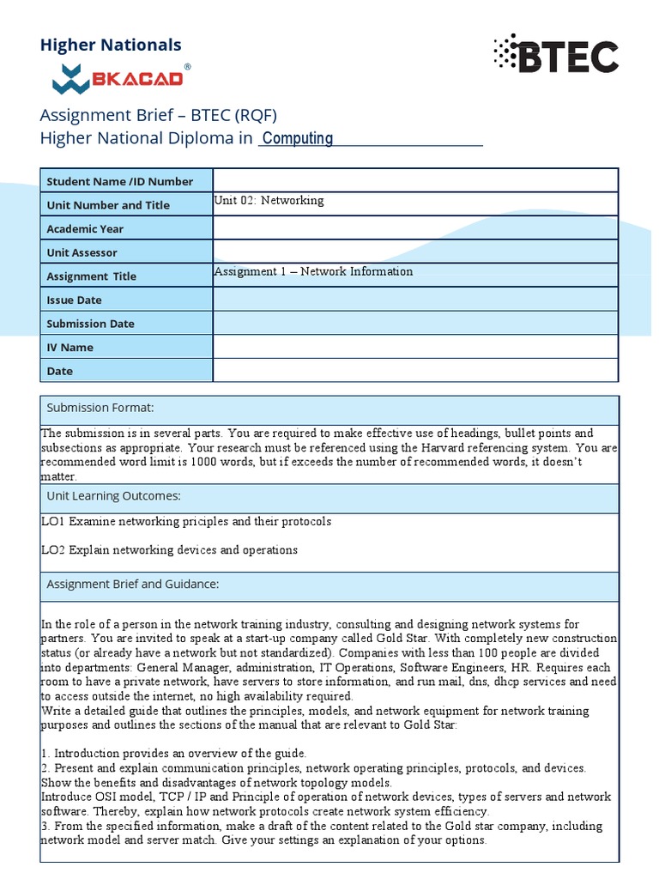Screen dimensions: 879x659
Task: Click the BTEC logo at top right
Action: click(x=555, y=57)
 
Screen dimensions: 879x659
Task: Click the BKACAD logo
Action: click(x=118, y=78)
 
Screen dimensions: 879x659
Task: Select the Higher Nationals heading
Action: click(x=111, y=45)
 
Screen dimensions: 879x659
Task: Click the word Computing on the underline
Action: click(x=297, y=138)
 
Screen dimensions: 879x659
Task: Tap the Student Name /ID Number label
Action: click(x=119, y=181)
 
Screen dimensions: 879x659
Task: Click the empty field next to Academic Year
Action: click(x=414, y=228)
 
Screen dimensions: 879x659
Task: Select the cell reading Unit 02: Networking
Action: click(x=269, y=201)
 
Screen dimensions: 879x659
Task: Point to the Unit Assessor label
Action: click(x=82, y=252)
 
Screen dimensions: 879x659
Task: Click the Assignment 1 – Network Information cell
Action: click(x=313, y=271)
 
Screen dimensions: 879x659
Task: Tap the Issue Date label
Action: click(x=74, y=300)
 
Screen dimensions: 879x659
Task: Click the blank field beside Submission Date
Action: click(x=414, y=324)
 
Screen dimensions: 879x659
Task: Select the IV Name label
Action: click(x=70, y=348)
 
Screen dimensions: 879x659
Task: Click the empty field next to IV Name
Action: click(x=414, y=347)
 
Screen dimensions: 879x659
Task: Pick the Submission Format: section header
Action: click(x=100, y=408)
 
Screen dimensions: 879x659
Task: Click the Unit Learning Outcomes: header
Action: click(x=112, y=496)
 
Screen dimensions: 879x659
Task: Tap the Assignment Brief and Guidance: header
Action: click(x=132, y=585)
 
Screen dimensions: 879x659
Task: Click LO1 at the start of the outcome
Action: click(x=53, y=522)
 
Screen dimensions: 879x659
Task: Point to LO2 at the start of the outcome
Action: click(x=53, y=550)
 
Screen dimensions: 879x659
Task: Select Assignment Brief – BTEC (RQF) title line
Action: click(x=159, y=116)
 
